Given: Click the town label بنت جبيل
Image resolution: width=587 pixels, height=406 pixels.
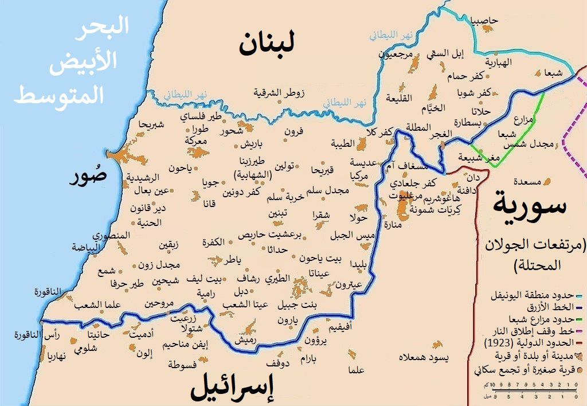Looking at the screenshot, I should [x=297, y=304].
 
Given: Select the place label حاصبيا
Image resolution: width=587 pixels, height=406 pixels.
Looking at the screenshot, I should [x=484, y=21].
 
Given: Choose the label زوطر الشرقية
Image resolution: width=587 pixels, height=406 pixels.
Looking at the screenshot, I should [x=279, y=92].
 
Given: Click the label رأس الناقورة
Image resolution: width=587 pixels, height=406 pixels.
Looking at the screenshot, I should [x=45, y=335].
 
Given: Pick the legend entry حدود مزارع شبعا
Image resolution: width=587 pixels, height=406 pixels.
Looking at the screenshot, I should [x=531, y=319].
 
